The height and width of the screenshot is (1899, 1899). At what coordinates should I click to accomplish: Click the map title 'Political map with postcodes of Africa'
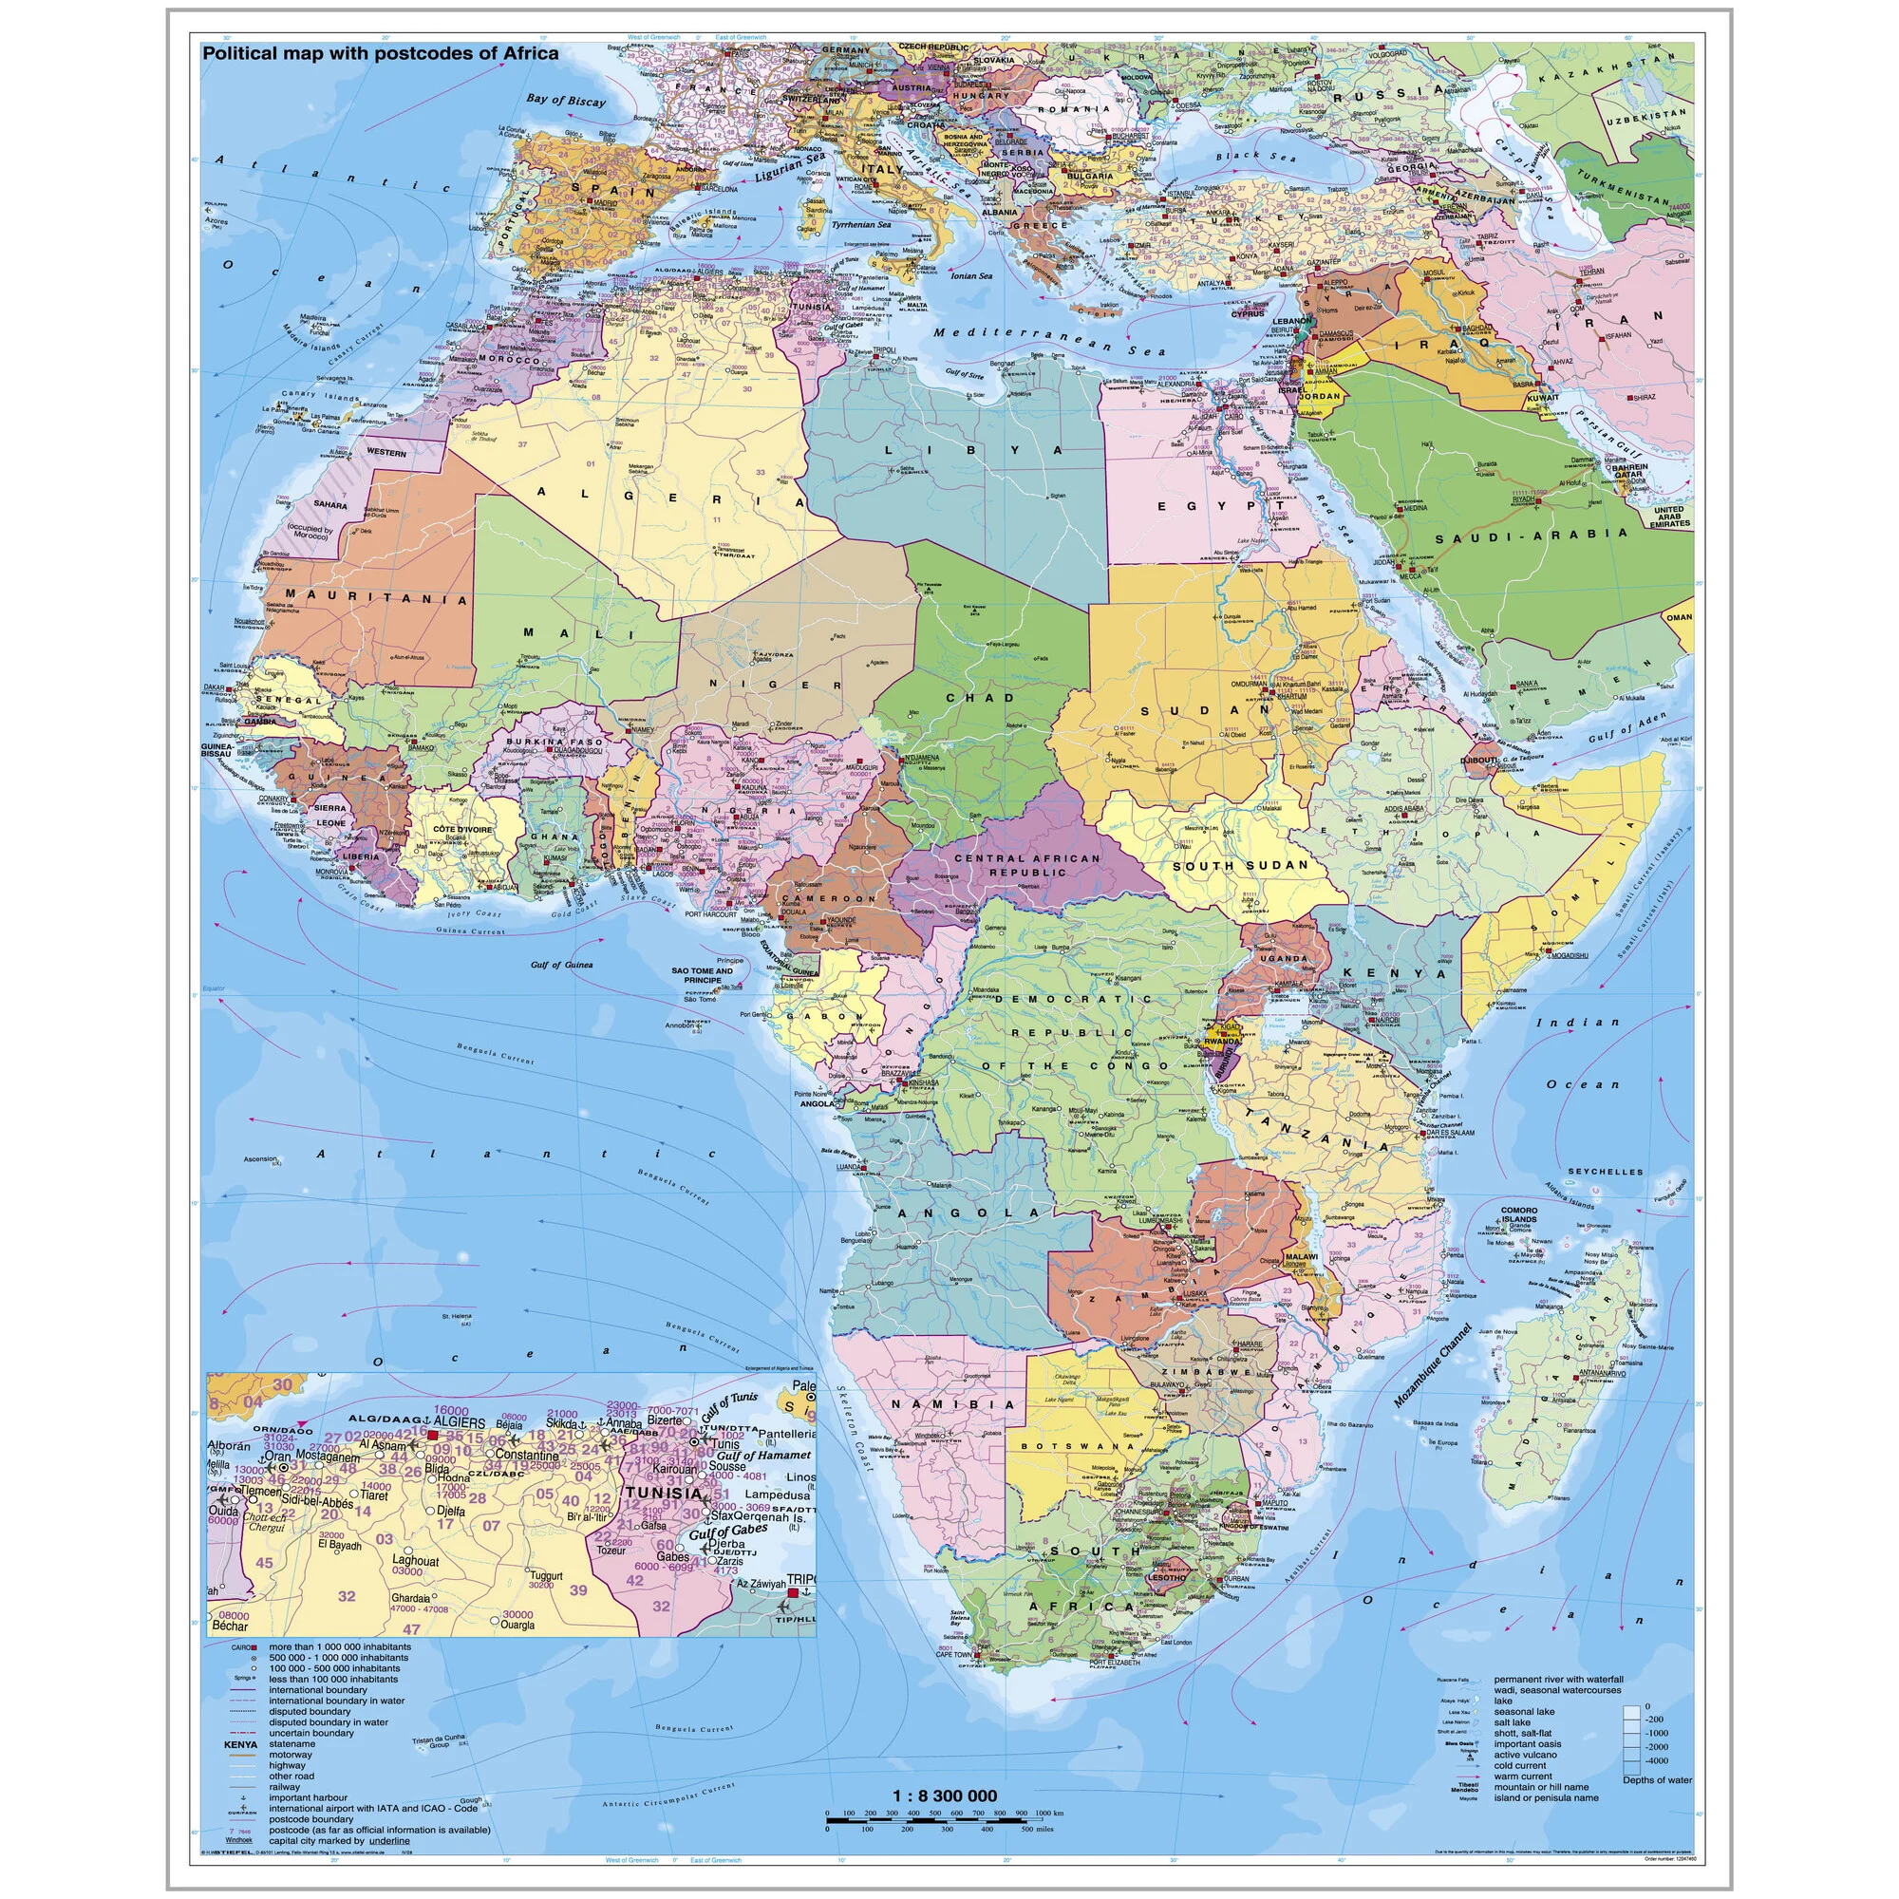[380, 54]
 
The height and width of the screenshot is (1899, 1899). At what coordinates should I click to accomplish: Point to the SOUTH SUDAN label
[1240, 866]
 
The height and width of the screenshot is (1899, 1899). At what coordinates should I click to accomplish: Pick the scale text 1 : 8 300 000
[944, 1796]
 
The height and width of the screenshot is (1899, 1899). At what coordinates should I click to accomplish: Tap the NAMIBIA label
[953, 1405]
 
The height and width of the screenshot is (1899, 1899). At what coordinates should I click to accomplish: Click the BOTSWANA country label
[1078, 1446]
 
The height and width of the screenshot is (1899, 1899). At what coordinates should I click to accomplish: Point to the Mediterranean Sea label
[1049, 341]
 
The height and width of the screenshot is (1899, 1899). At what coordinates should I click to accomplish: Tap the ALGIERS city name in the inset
[459, 1422]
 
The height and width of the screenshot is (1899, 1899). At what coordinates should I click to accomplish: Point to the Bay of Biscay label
[565, 100]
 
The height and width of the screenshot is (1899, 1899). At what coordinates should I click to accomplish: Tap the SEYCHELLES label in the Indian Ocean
[1605, 1172]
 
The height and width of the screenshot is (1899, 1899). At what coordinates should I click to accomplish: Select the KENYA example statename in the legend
[241, 1744]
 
